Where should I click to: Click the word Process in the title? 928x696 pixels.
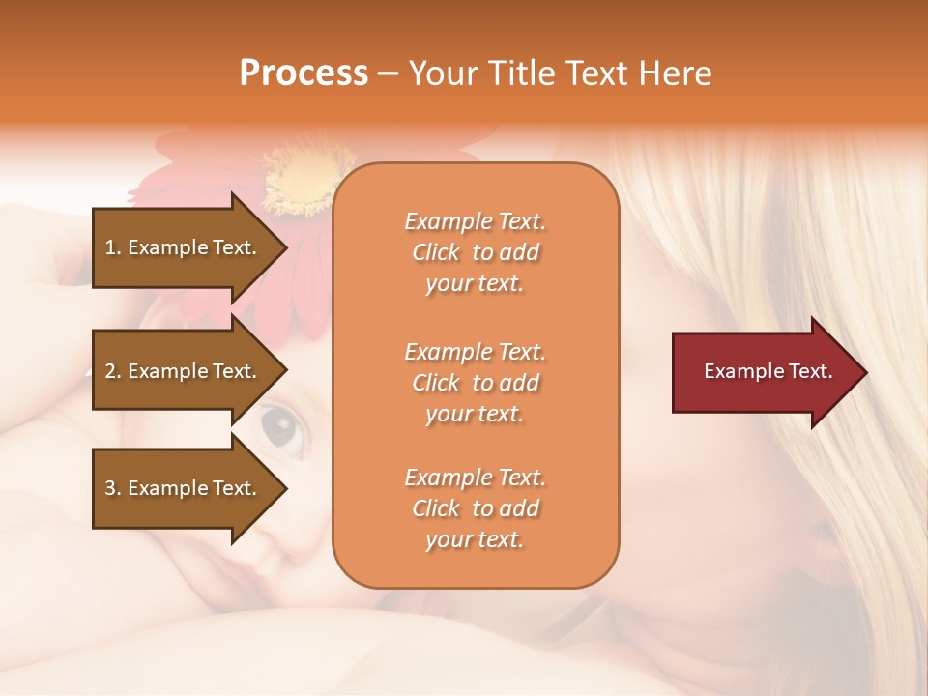[x=304, y=73]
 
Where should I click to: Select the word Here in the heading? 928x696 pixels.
[x=674, y=73]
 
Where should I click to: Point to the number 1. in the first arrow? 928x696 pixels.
[x=113, y=247]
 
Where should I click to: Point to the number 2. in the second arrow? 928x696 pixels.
[x=113, y=371]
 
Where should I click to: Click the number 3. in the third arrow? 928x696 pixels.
[x=113, y=488]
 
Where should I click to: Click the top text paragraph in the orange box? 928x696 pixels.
[x=475, y=252]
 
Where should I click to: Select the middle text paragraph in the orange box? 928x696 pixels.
[x=475, y=383]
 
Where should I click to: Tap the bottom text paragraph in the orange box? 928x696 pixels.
[x=475, y=508]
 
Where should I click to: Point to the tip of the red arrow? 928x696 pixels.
[x=864, y=372]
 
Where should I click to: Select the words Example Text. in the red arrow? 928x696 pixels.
[x=768, y=371]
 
